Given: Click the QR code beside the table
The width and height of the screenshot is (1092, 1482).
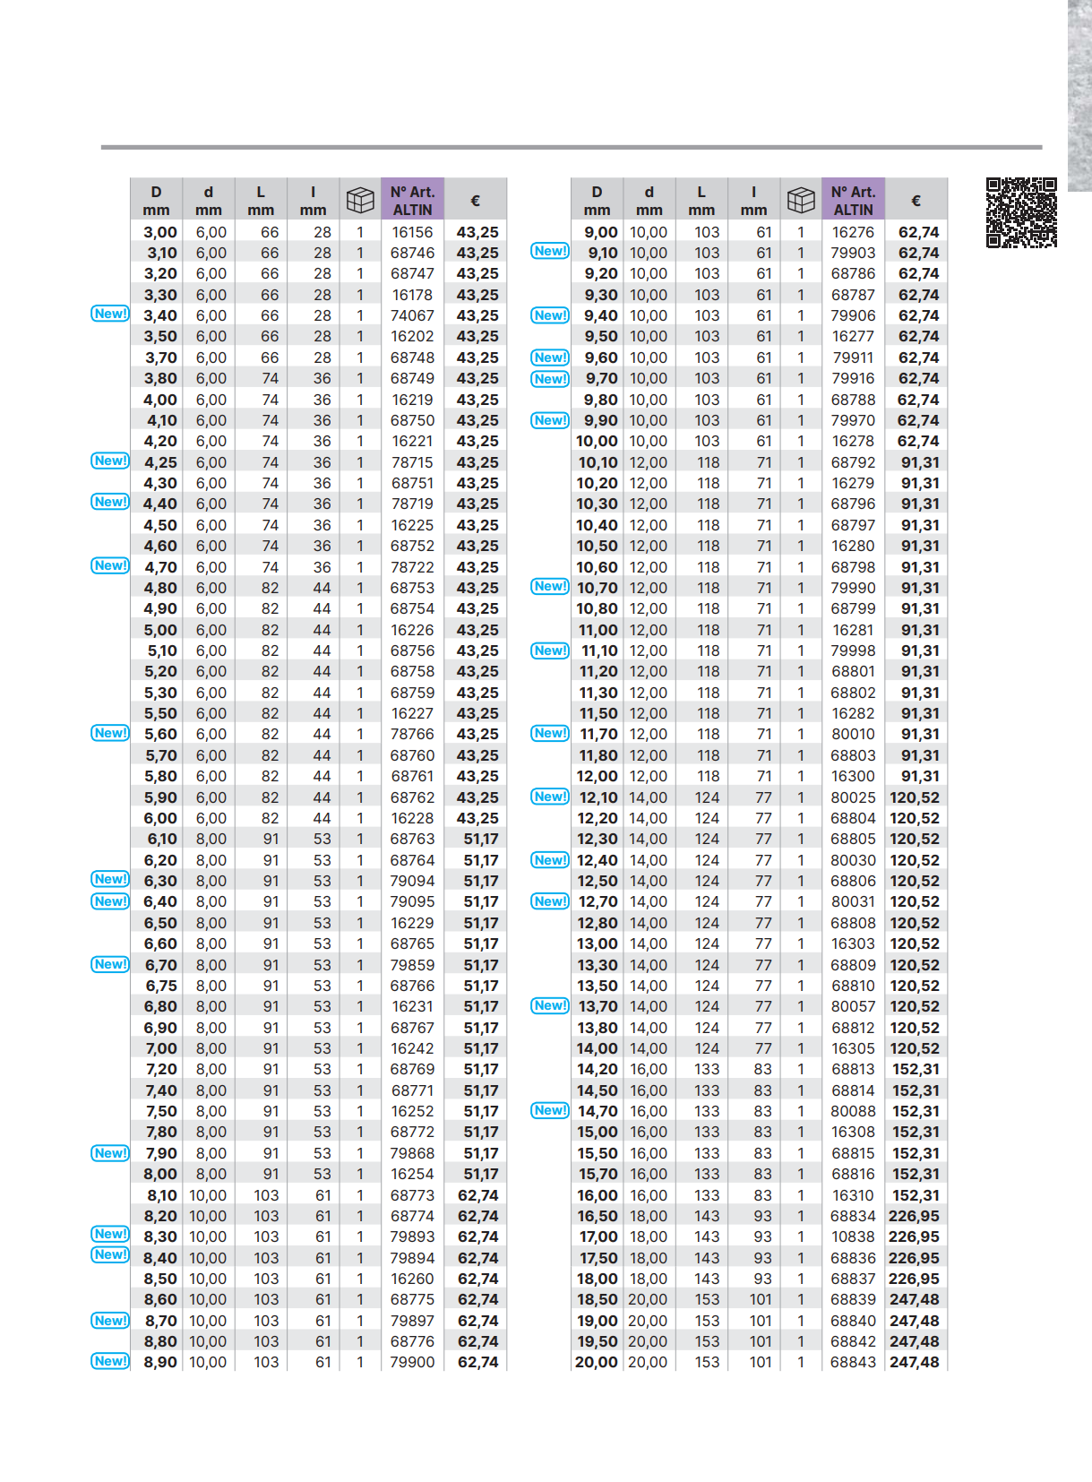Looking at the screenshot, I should (x=1021, y=212).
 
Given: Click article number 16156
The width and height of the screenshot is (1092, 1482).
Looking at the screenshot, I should (x=412, y=232).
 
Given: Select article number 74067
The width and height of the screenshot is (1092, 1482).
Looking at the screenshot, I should (x=412, y=315).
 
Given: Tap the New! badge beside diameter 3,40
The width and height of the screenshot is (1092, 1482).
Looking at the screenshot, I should (x=110, y=314).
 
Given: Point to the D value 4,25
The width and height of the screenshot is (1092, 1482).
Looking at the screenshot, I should (x=160, y=462).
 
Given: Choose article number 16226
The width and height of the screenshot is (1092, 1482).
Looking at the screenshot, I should (x=412, y=630).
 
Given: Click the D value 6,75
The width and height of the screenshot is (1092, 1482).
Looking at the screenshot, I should (x=161, y=986).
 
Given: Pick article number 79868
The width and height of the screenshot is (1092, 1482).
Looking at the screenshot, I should (x=412, y=1153).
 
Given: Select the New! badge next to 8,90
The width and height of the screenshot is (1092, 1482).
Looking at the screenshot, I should (x=110, y=1361).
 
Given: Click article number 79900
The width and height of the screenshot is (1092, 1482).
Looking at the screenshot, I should (x=412, y=1362).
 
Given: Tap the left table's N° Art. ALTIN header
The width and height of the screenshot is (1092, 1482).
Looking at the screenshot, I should (x=412, y=200).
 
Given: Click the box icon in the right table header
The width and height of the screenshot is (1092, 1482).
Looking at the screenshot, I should (x=801, y=200).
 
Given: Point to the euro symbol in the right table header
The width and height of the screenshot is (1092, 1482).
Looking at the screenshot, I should (x=916, y=201).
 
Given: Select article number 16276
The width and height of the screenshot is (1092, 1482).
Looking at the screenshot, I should (x=853, y=232).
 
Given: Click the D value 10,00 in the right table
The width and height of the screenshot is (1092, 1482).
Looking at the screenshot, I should (x=597, y=441).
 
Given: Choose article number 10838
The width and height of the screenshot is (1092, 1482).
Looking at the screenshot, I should (x=853, y=1236).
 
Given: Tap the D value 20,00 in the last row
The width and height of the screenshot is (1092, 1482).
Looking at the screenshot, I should (x=597, y=1362).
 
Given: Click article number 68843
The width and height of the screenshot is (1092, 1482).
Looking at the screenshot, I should (x=853, y=1362).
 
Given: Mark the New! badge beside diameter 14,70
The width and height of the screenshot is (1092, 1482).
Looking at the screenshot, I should (x=550, y=1110).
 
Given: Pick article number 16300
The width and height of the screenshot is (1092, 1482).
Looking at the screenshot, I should (x=853, y=776).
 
